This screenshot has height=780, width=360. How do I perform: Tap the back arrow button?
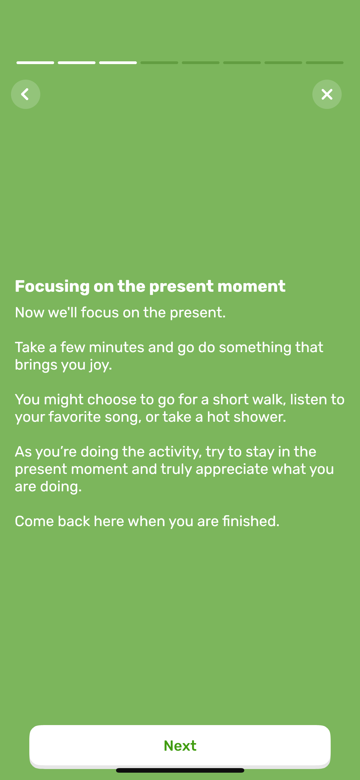pos(25,94)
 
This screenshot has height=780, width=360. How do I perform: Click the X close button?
pos(327,94)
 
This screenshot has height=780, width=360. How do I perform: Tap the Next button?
pos(180,746)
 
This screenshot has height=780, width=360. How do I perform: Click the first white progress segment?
pos(35,63)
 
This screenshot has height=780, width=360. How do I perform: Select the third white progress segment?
pos(118,63)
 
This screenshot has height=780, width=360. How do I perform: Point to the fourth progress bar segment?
pos(159,63)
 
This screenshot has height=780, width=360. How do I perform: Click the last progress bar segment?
pos(324,63)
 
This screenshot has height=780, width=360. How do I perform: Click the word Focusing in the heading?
pos(52,286)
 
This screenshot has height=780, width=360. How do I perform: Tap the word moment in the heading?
pos(251,286)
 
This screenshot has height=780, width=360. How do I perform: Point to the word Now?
pos(30,312)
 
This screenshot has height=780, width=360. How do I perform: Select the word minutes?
pos(116,347)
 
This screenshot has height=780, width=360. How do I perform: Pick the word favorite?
pos(75,417)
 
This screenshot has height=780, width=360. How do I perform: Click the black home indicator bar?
pos(180,770)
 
